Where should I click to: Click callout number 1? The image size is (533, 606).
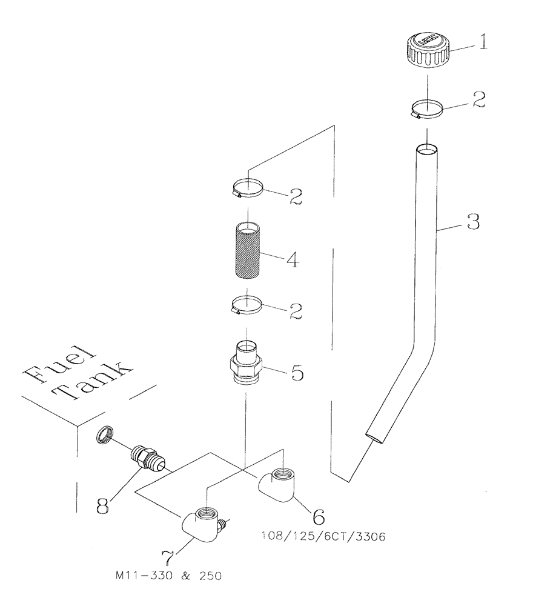[x=482, y=44]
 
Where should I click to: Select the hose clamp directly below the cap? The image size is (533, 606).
[x=427, y=110]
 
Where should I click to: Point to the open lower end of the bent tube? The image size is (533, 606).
[x=374, y=436]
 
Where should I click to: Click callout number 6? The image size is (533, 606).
[x=318, y=516]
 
